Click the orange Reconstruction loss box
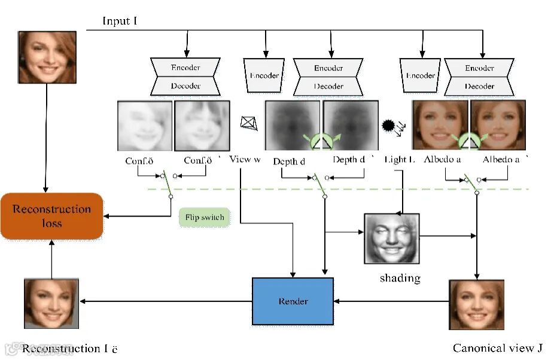pos(52,216)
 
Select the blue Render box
pos(293,301)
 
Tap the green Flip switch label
pos(204,217)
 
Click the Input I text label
pos(120,21)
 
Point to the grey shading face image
pos(392,239)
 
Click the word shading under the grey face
pos(400,278)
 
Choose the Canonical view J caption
pos(497,348)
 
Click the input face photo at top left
pos(47,57)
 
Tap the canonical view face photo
pos(477,304)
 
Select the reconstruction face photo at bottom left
pos(51,303)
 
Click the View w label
pos(245,160)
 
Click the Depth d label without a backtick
pos(289,161)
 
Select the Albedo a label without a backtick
pos(442,160)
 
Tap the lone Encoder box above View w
pos(264,76)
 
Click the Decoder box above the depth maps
pos(328,86)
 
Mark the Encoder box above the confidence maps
pos(185,68)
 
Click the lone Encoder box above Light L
pos(421,76)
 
